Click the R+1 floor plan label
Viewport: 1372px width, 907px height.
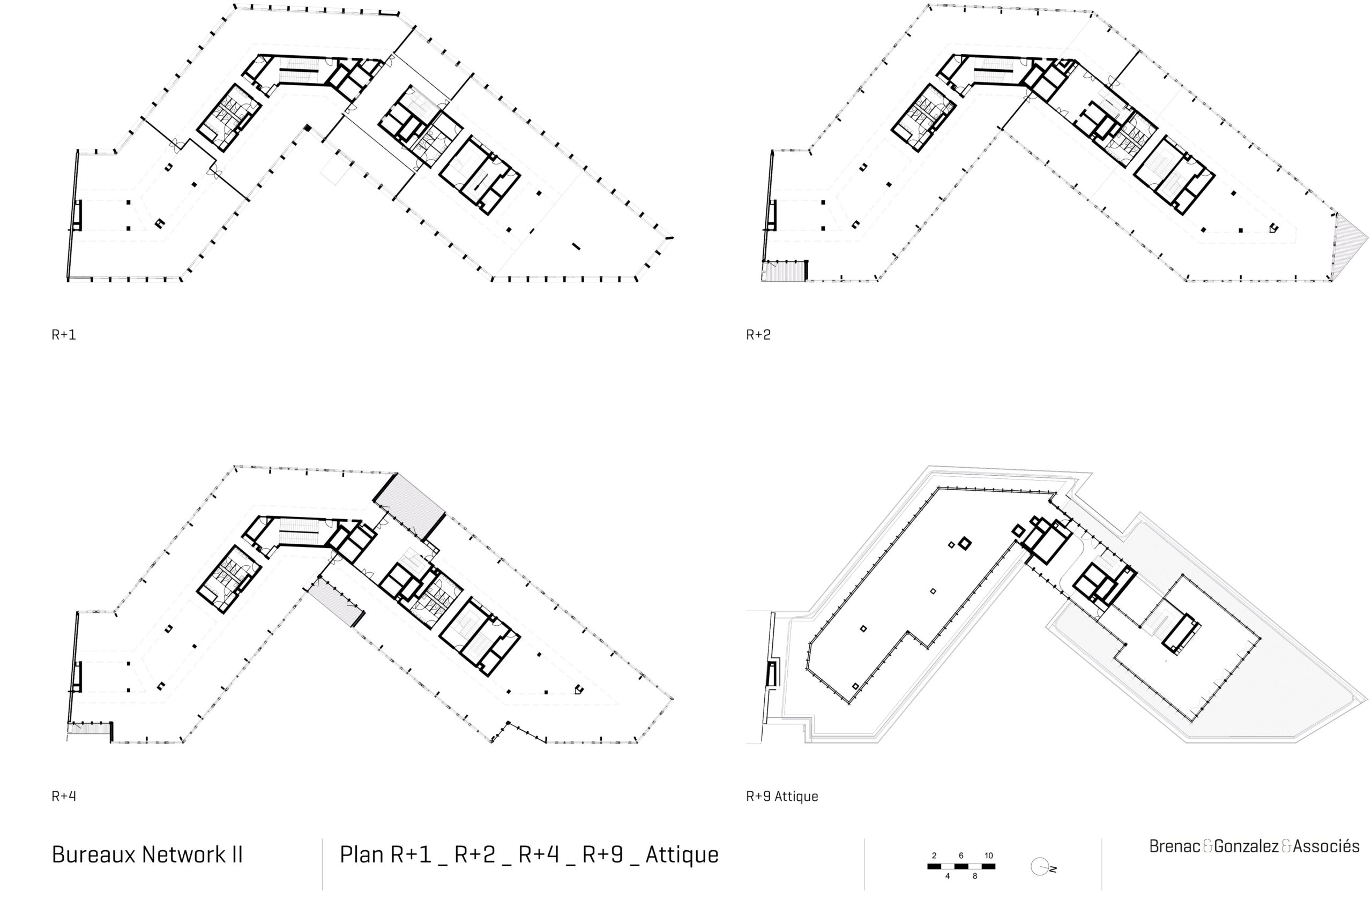64,335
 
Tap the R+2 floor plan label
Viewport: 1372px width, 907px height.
758,335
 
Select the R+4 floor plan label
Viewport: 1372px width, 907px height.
64,797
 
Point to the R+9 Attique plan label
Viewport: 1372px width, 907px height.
782,797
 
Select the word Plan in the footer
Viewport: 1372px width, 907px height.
362,855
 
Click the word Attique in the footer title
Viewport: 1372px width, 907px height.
682,855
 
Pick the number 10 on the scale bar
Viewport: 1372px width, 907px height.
988,856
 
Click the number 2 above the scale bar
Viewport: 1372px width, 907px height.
934,856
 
